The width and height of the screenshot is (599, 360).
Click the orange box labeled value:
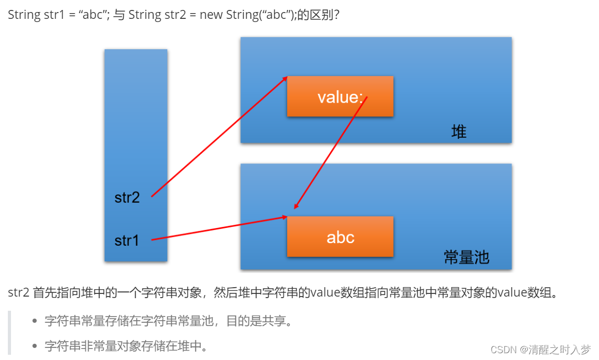click(340, 96)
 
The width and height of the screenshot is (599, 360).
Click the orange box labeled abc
click(340, 237)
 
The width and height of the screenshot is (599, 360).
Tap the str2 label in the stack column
click(127, 198)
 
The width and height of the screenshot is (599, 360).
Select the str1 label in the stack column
click(127, 241)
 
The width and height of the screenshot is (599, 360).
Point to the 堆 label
click(459, 132)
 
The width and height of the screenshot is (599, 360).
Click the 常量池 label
click(466, 257)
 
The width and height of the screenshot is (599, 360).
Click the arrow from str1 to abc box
click(219, 228)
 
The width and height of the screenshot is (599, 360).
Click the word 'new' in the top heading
click(211, 15)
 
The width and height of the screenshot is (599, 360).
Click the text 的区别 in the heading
click(321, 15)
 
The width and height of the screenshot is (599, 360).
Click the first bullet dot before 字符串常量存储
click(35, 321)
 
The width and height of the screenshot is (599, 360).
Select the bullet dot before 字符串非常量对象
click(35, 346)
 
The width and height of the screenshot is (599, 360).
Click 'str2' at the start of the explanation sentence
click(18, 292)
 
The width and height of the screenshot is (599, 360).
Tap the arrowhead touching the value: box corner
click(285, 78)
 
